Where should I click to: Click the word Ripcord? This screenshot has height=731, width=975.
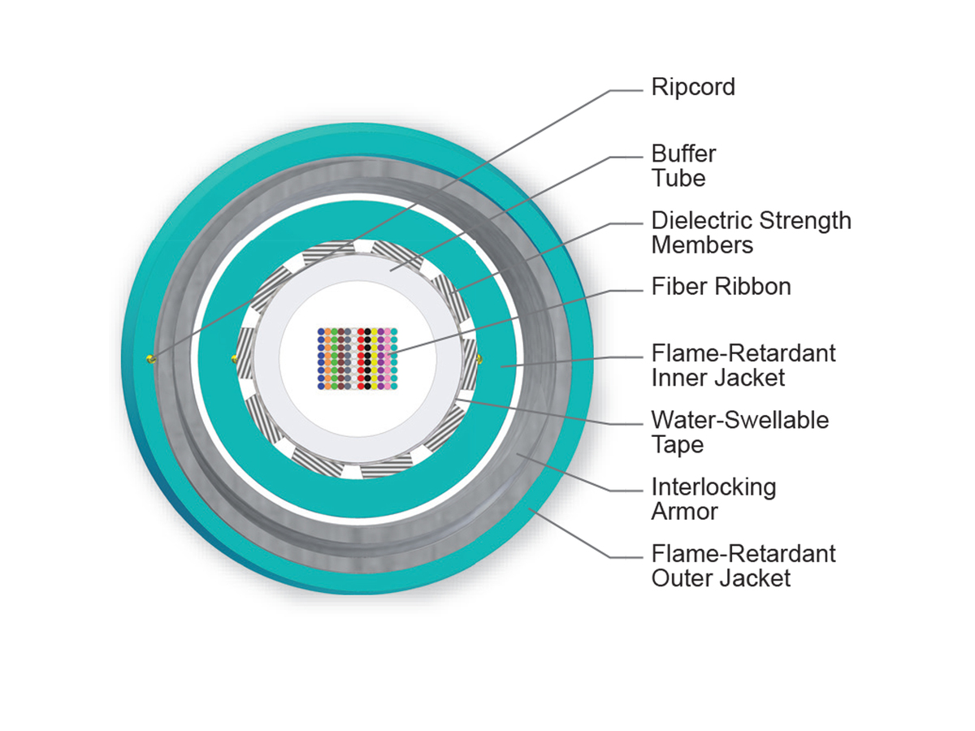pyautogui.click(x=693, y=87)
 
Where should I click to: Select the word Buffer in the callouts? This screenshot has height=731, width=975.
pyautogui.click(x=684, y=154)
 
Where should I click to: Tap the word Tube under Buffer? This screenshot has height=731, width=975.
pyautogui.click(x=678, y=178)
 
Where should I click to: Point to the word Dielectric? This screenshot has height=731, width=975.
pyautogui.click(x=701, y=220)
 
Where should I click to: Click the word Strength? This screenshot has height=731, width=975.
pyautogui.click(x=804, y=220)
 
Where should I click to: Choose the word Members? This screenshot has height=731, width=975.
pyautogui.click(x=702, y=244)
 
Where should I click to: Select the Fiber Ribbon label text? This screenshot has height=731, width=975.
pyautogui.click(x=721, y=287)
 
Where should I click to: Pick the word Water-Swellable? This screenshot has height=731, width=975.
pyautogui.click(x=740, y=420)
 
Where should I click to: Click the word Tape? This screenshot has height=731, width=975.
pyautogui.click(x=678, y=445)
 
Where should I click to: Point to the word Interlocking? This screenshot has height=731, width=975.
pyautogui.click(x=713, y=487)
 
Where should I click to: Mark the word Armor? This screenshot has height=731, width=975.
pyautogui.click(x=685, y=512)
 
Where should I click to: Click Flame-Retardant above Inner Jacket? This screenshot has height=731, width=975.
pyautogui.click(x=743, y=353)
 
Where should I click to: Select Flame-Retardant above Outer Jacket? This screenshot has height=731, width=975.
pyautogui.click(x=743, y=554)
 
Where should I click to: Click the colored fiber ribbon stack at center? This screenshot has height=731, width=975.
pyautogui.click(x=357, y=358)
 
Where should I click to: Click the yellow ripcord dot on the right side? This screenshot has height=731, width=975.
pyautogui.click(x=479, y=358)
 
